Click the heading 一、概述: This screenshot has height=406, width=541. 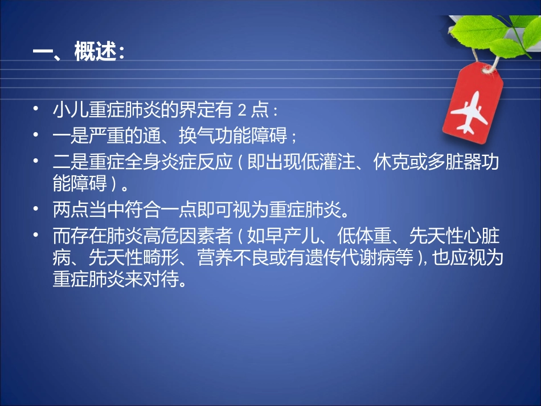79,52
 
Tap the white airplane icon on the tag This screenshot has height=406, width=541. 470,112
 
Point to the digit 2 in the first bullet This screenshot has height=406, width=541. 242,110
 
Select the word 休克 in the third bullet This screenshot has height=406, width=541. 391,162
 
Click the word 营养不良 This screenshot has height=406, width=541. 233,257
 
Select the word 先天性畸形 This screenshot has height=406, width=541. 133,257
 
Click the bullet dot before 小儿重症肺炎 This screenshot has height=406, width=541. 35,109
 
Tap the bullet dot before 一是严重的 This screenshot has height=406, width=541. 35,134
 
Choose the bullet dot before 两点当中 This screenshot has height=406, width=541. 35,209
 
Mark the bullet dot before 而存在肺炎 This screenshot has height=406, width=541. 35,235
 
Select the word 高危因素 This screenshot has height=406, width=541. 178,236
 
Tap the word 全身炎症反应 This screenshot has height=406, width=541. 178,162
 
